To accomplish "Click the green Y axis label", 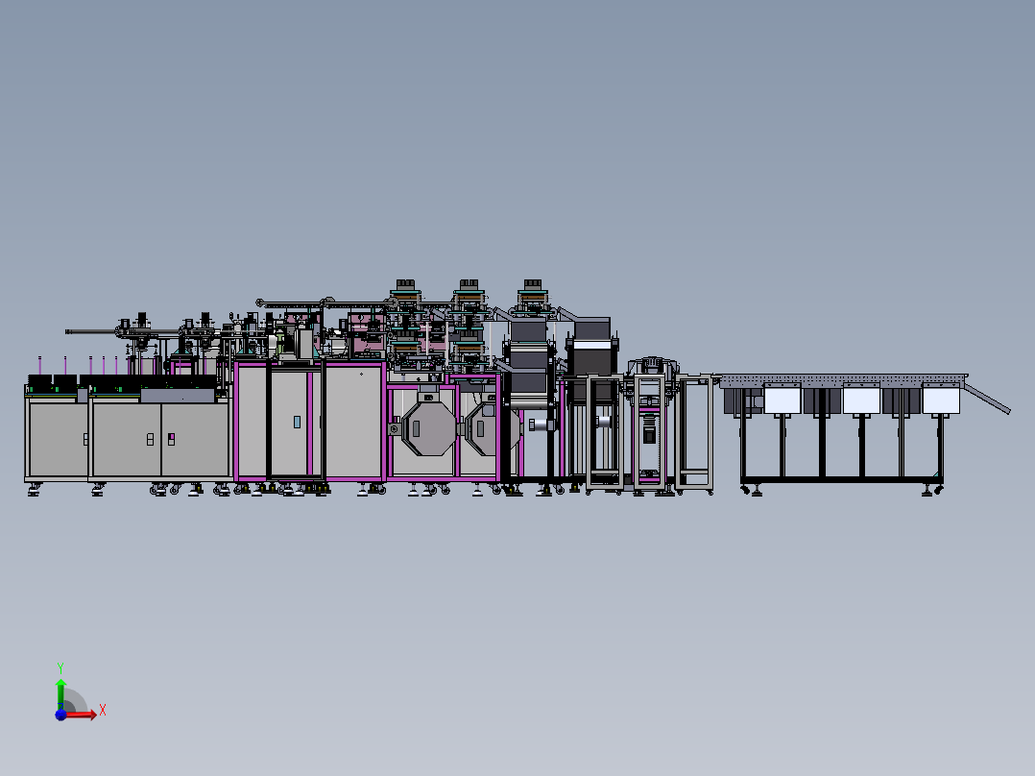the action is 60,667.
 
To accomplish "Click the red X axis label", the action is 103,711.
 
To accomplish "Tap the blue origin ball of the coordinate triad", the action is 60,715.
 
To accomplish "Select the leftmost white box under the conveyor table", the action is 782,400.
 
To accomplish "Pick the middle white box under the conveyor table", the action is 861,400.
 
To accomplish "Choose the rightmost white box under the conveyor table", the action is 941,400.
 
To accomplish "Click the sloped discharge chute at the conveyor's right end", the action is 987,398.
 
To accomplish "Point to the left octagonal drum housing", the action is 429,428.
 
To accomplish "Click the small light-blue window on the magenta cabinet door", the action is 297,422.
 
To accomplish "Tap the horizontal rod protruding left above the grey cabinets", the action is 92,331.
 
